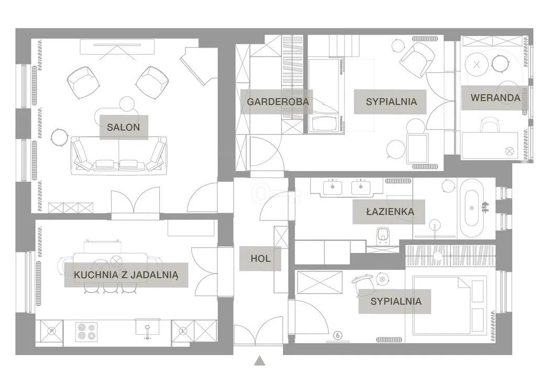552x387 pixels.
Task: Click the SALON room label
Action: click(x=123, y=127)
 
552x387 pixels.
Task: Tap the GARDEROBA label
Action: click(x=278, y=102)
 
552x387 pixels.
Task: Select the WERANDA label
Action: click(x=495, y=98)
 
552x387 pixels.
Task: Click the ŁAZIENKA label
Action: click(x=390, y=212)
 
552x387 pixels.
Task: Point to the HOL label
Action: click(x=260, y=259)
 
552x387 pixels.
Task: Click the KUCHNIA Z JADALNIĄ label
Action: click(x=126, y=274)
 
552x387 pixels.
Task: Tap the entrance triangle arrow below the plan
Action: click(x=259, y=361)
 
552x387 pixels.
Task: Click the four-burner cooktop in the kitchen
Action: click(x=86, y=331)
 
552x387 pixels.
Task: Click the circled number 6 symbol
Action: click(x=338, y=335)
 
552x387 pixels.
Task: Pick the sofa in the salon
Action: click(x=119, y=156)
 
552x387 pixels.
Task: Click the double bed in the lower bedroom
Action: click(x=449, y=305)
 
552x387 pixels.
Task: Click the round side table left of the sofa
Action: click(x=59, y=138)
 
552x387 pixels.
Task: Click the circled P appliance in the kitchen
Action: click(x=52, y=331)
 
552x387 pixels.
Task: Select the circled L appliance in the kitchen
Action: click(x=183, y=331)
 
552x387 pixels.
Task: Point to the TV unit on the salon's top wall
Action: click(x=117, y=47)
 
